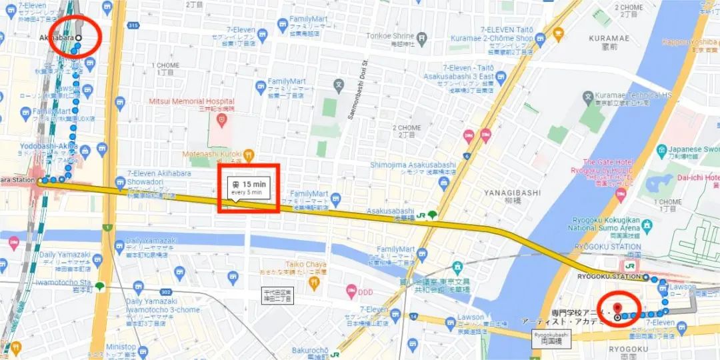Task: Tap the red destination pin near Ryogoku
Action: point(617,308)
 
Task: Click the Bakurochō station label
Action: point(311,350)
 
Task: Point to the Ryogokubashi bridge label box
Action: point(551,337)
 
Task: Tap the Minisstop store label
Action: point(120,347)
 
